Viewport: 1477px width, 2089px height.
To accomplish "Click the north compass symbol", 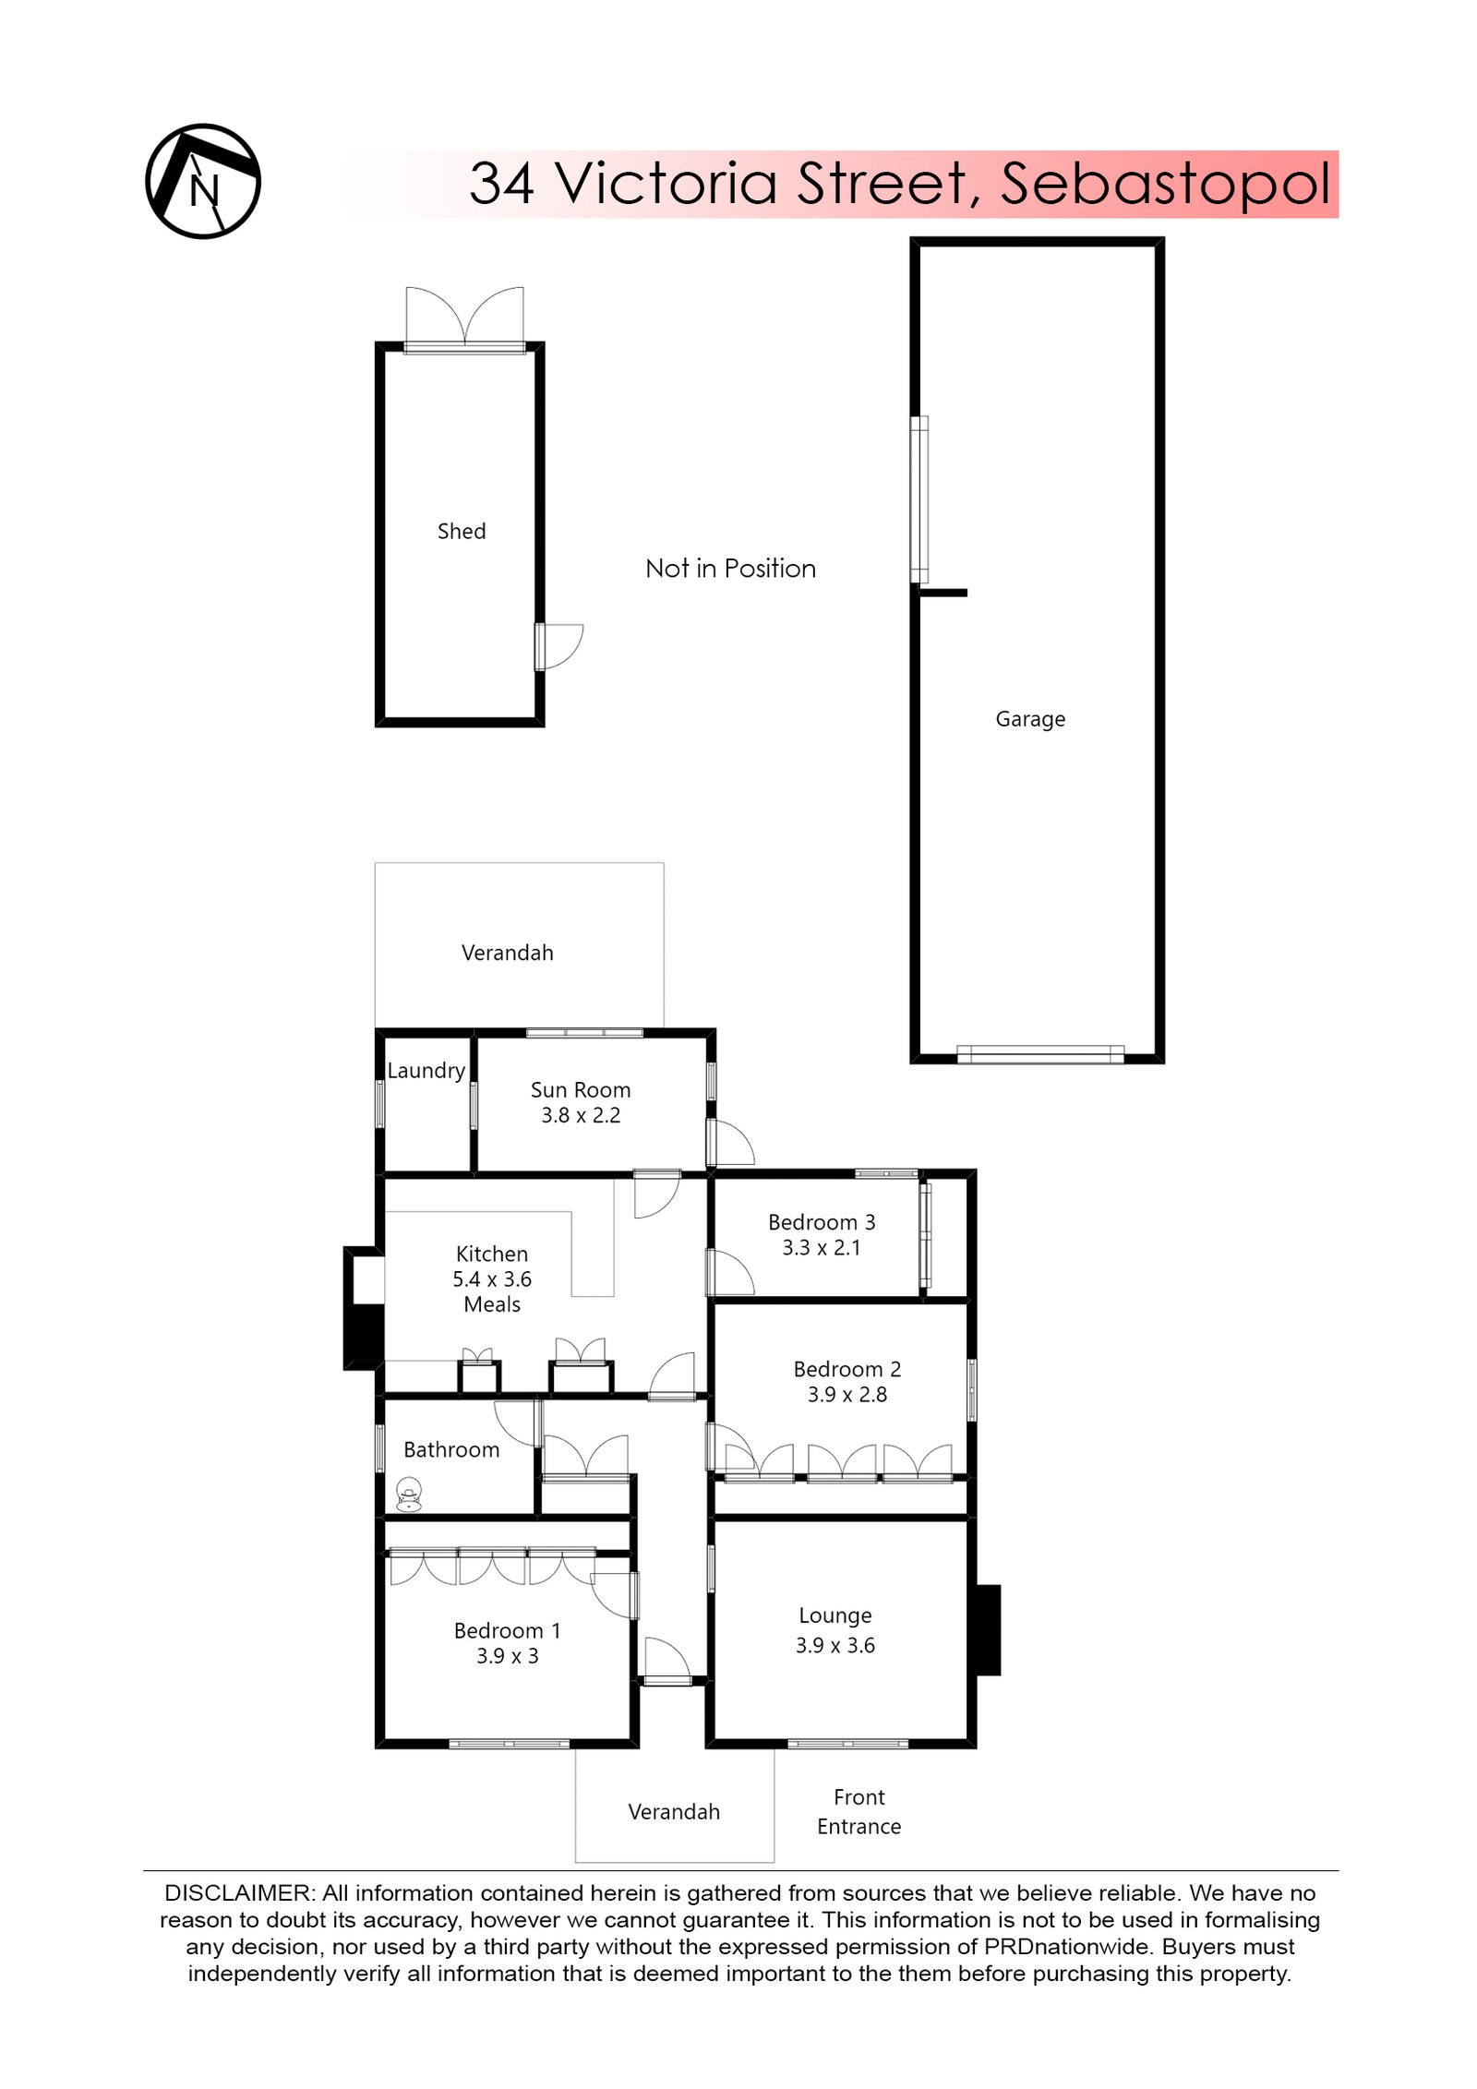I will [202, 181].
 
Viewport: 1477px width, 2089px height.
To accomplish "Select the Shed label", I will [461, 531].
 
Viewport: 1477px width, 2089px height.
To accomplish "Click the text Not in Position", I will [730, 568].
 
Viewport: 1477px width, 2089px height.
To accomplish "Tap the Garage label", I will [1029, 718].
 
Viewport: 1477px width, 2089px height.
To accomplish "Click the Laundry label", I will [426, 1070].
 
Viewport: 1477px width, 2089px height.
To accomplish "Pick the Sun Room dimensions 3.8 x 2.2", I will [580, 1115].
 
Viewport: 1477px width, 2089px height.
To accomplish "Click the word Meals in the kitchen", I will [491, 1304].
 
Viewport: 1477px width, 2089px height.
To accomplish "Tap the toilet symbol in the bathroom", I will [408, 1495].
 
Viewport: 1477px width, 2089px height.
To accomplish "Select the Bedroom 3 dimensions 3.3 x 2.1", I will [821, 1247].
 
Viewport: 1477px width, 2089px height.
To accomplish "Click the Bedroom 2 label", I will [846, 1369].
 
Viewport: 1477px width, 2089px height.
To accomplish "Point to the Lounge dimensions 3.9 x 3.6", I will [835, 1645].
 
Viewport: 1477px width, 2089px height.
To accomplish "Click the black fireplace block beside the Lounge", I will [987, 1629].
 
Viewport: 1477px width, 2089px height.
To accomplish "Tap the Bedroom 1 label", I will [506, 1630].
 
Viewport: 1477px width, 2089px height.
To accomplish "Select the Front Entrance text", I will [858, 1811].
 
